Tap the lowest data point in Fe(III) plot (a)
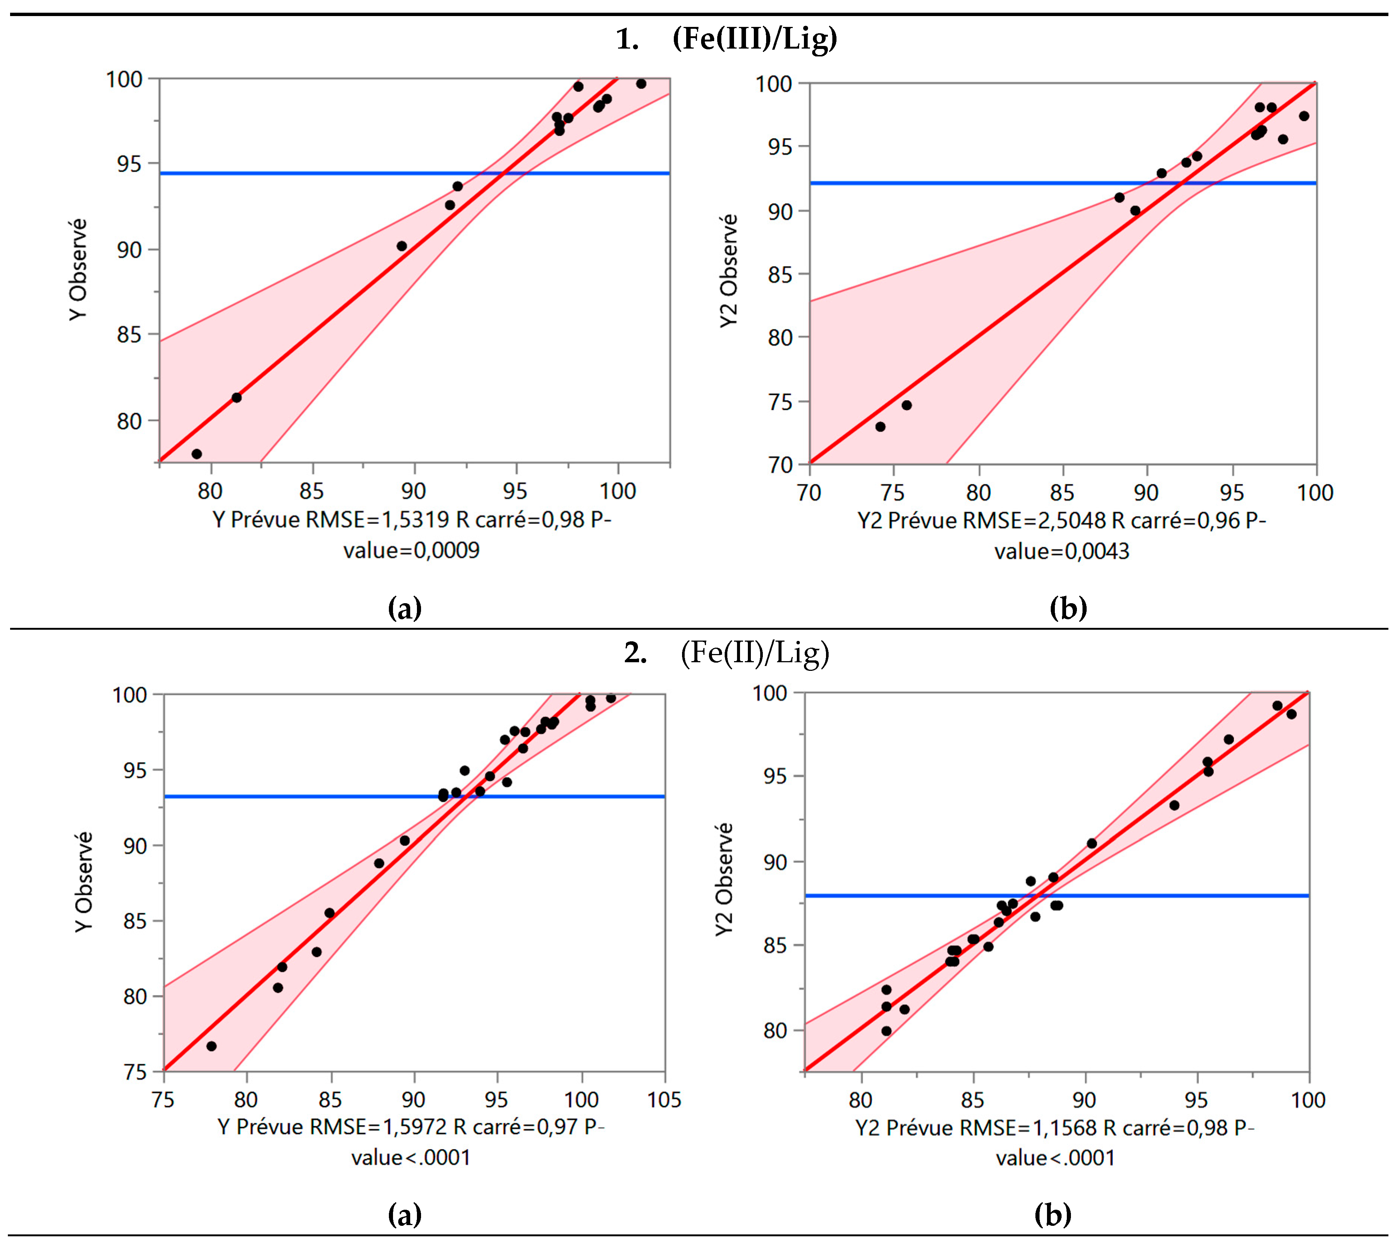click(x=197, y=454)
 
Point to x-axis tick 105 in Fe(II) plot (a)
click(x=664, y=1100)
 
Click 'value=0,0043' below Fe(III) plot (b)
click(x=1062, y=551)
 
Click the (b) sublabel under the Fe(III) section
click(x=1068, y=608)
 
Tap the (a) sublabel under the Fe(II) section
click(x=405, y=1215)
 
